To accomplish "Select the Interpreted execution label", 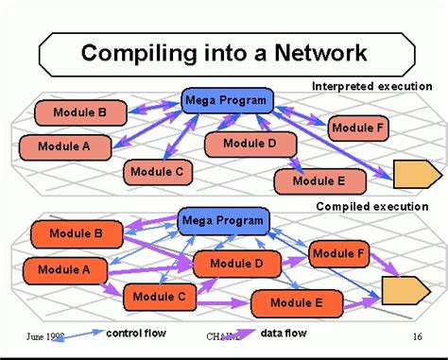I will coord(371,87).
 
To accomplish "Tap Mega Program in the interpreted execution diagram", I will coord(227,101).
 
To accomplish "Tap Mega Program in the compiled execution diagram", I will coord(223,222).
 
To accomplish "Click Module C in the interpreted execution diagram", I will coord(158,172).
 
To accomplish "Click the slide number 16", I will coord(416,335).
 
